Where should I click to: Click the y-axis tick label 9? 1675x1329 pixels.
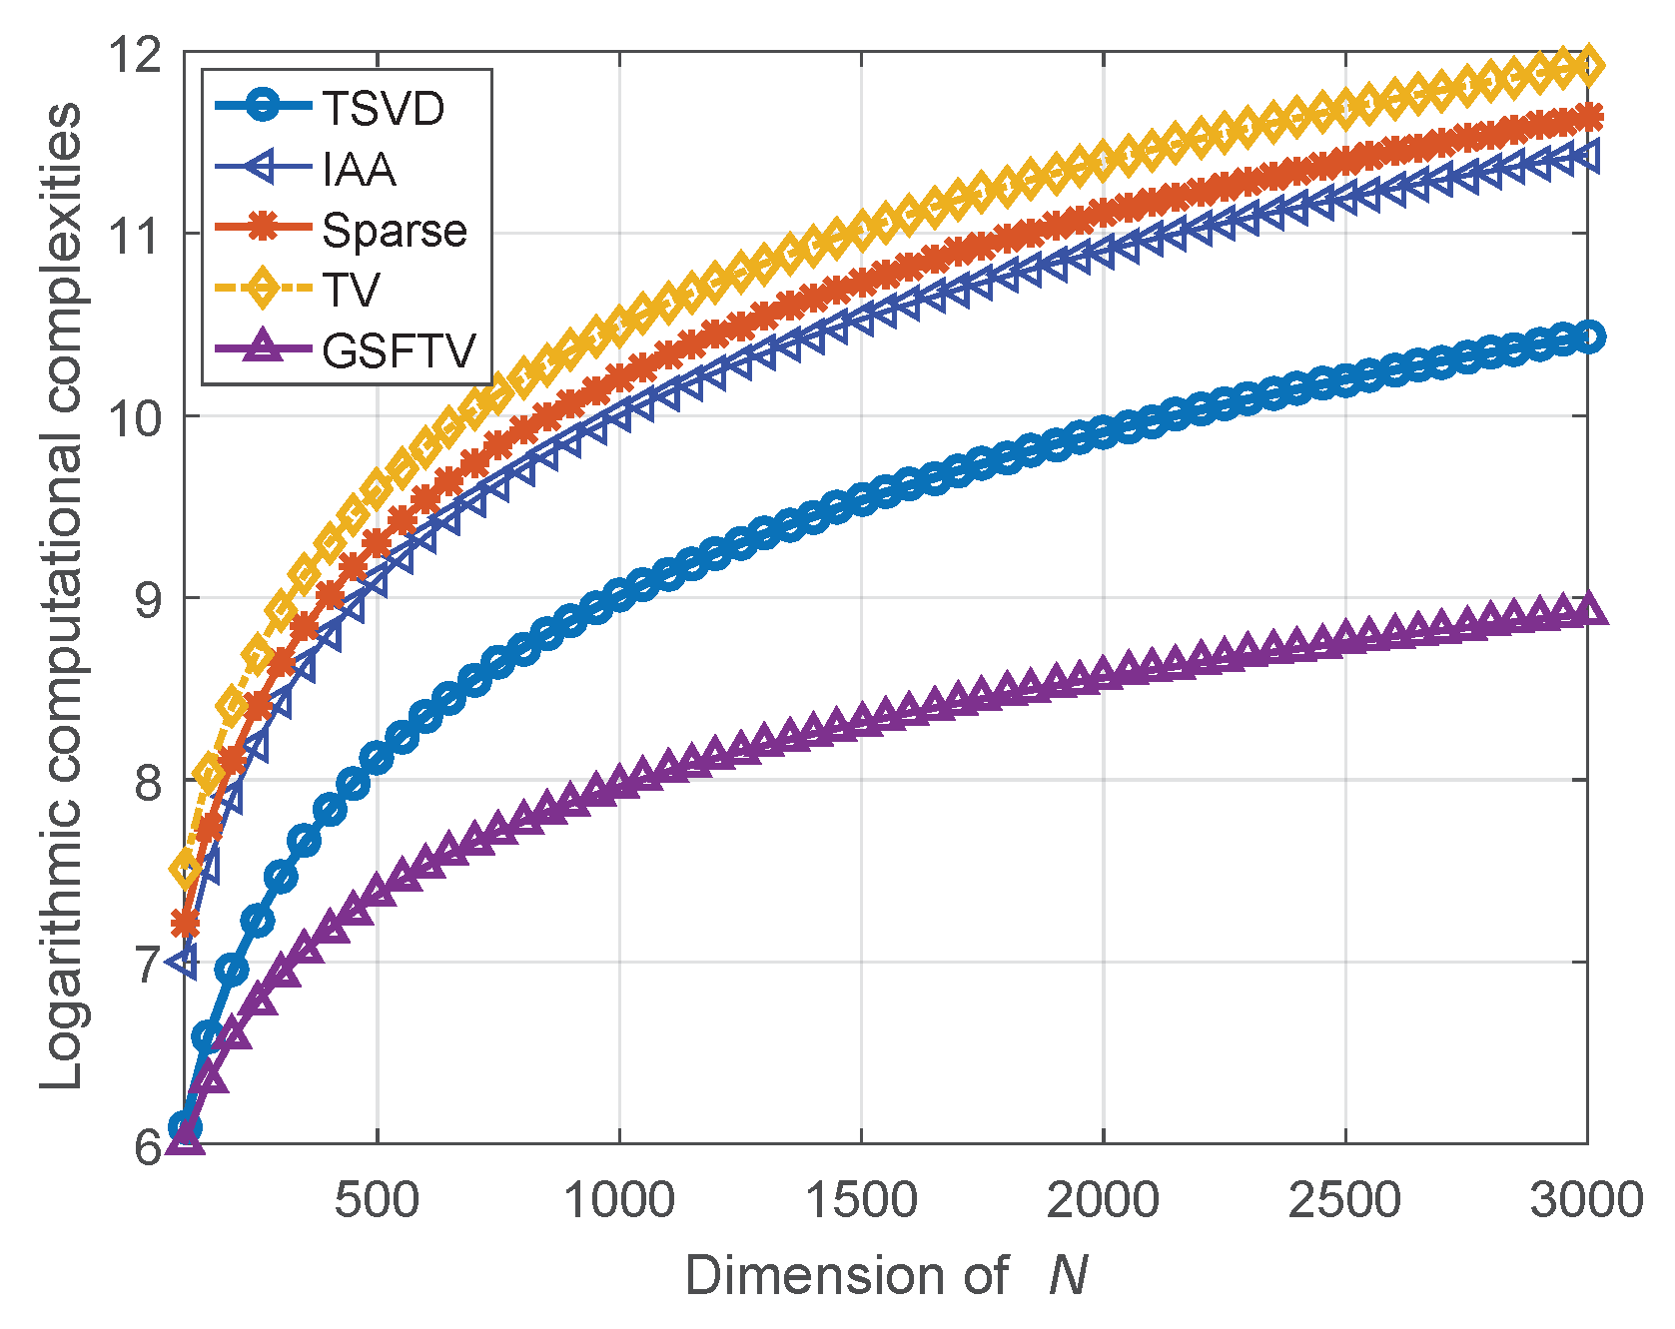148,599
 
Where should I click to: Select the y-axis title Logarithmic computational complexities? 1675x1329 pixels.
62,597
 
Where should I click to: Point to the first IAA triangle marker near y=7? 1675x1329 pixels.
185,963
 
